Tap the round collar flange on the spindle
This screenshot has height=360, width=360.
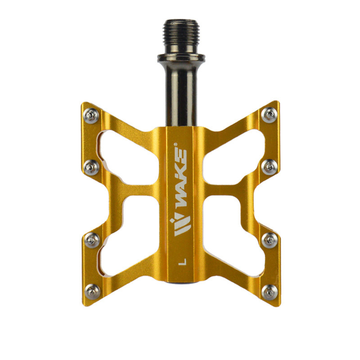(181, 58)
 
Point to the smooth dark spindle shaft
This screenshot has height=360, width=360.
(181, 94)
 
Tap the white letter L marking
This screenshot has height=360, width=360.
(182, 262)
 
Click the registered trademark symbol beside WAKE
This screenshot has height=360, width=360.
(175, 144)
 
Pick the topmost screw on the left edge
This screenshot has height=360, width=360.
(91, 116)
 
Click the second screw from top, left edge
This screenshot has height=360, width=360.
(92, 167)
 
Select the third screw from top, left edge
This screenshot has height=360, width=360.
(92, 240)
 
